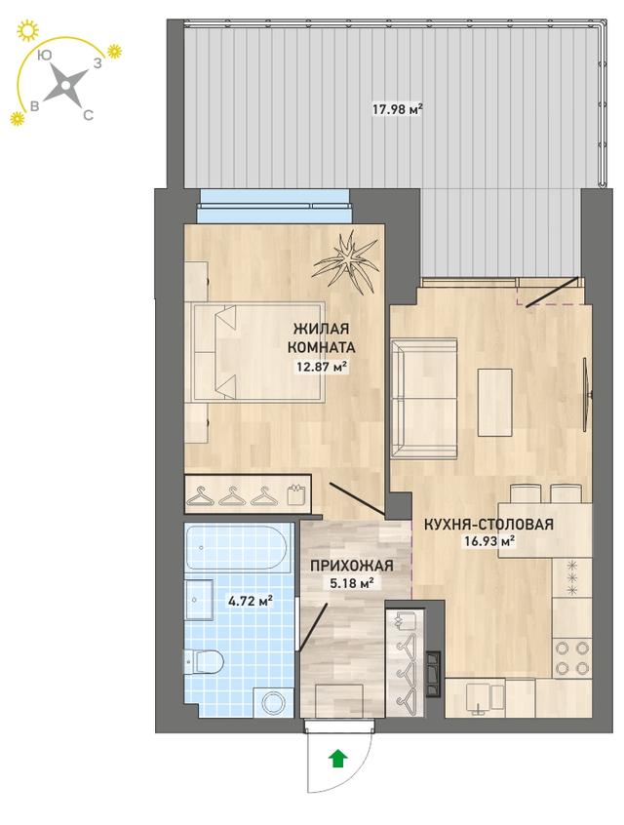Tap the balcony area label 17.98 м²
click(x=398, y=110)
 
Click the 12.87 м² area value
click(x=323, y=367)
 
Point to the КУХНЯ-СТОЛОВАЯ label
click(x=488, y=524)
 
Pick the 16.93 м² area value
click(x=488, y=541)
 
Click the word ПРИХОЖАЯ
click(x=351, y=566)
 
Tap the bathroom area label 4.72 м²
click(x=250, y=601)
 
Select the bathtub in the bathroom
click(x=237, y=547)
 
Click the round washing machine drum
click(x=274, y=702)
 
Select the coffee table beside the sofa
click(x=494, y=403)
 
